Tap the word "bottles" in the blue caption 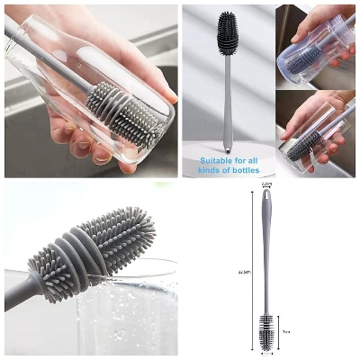pos(243,169)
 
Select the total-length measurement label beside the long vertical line pos(243,270)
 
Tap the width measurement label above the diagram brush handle pos(266,185)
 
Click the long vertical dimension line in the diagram pos(251,270)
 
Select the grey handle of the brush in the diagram pos(266,261)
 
